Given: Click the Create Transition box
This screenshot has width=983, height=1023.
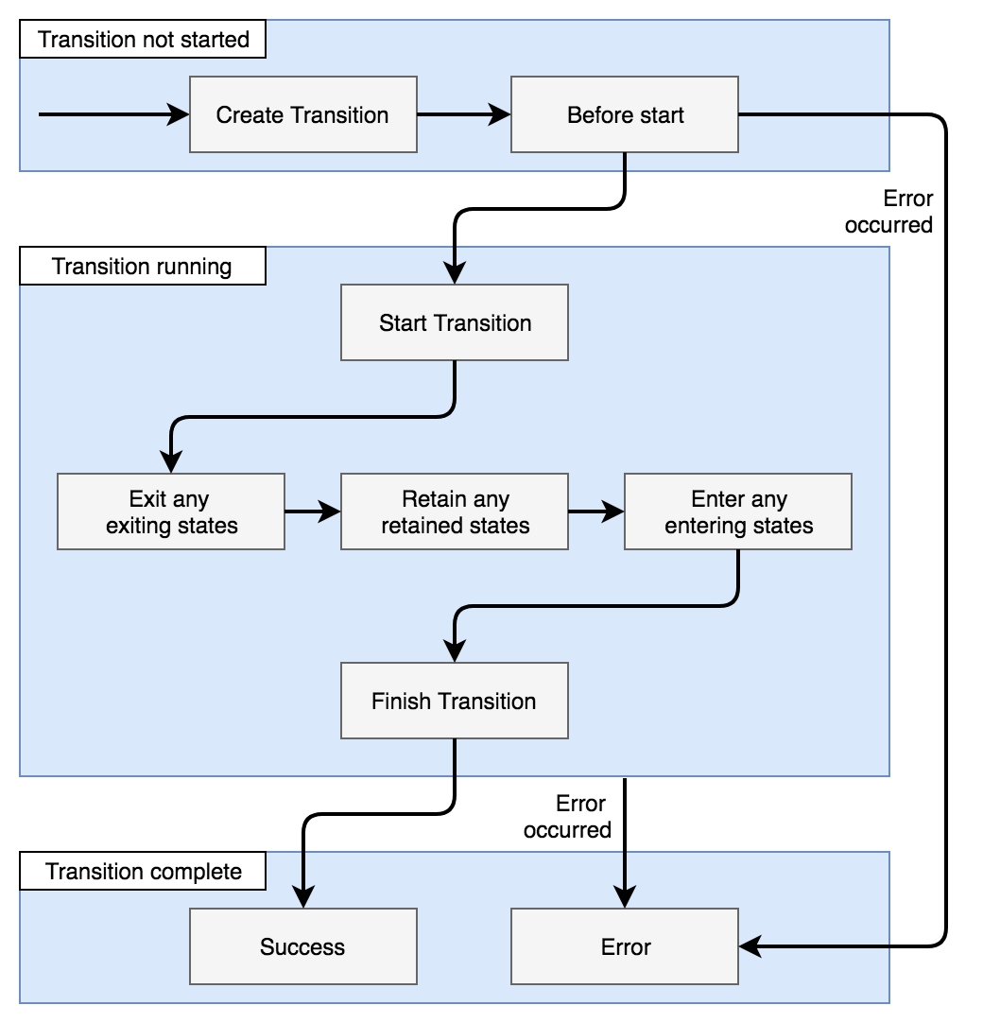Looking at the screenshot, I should click(x=302, y=114).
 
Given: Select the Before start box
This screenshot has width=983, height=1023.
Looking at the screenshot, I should click(x=624, y=114).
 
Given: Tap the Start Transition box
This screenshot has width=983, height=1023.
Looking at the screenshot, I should click(x=454, y=322).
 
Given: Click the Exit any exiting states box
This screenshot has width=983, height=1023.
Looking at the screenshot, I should click(x=170, y=511).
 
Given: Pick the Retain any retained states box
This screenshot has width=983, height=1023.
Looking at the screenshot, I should click(x=454, y=511).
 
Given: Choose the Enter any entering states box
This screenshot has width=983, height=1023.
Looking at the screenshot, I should click(x=737, y=511).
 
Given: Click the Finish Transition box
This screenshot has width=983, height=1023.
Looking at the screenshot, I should click(x=454, y=701).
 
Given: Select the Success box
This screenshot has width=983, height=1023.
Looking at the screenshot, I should click(x=302, y=946).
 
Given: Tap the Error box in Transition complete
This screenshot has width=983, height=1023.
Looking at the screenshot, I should click(x=624, y=946).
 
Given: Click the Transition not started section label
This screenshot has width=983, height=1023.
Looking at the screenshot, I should click(x=143, y=39).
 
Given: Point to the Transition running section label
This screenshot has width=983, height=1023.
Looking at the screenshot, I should click(x=142, y=266).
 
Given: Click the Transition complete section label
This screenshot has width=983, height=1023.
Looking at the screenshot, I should click(x=143, y=871).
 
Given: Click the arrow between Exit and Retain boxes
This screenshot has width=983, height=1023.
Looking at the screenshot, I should click(x=312, y=511).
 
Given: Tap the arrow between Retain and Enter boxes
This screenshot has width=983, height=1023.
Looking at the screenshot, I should click(x=595, y=511).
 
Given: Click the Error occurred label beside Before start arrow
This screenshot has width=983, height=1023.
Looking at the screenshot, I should click(x=889, y=211).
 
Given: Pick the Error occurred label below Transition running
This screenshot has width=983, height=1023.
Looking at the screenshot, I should click(x=569, y=816).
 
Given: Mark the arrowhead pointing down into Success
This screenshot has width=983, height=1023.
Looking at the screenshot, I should click(x=302, y=895).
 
